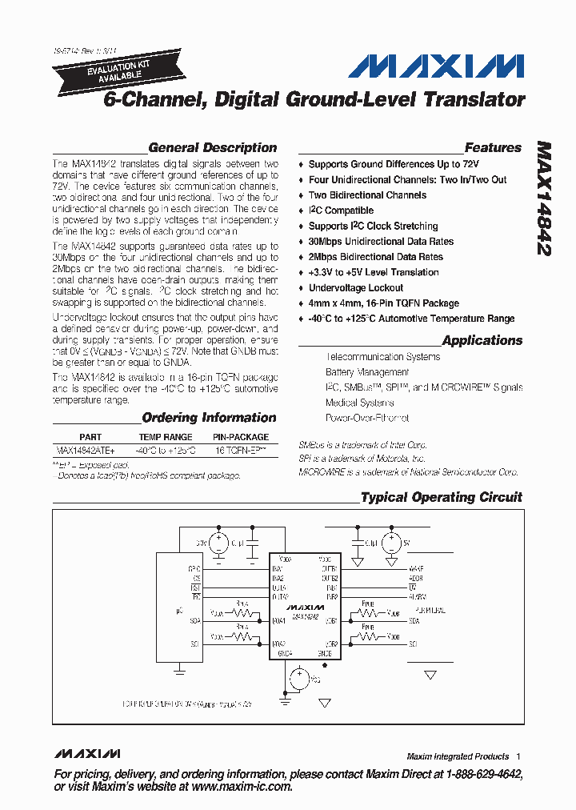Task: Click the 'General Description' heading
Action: [x=213, y=147]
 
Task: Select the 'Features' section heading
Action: [x=493, y=147]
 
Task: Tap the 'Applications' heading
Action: [x=482, y=340]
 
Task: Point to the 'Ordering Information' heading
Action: [x=209, y=417]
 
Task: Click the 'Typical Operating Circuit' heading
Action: [x=441, y=497]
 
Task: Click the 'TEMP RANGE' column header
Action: [x=166, y=437]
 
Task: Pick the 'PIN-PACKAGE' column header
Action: [x=241, y=437]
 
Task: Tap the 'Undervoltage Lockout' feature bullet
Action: [x=356, y=288]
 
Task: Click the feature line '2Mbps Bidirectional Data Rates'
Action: [x=375, y=257]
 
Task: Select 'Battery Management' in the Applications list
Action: [x=367, y=372]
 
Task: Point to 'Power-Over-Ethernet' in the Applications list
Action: [x=367, y=418]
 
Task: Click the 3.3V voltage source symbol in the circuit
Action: [x=217, y=543]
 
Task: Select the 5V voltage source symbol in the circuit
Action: [x=391, y=543]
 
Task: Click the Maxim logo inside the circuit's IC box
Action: [x=305, y=607]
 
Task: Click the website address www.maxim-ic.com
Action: [x=241, y=787]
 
